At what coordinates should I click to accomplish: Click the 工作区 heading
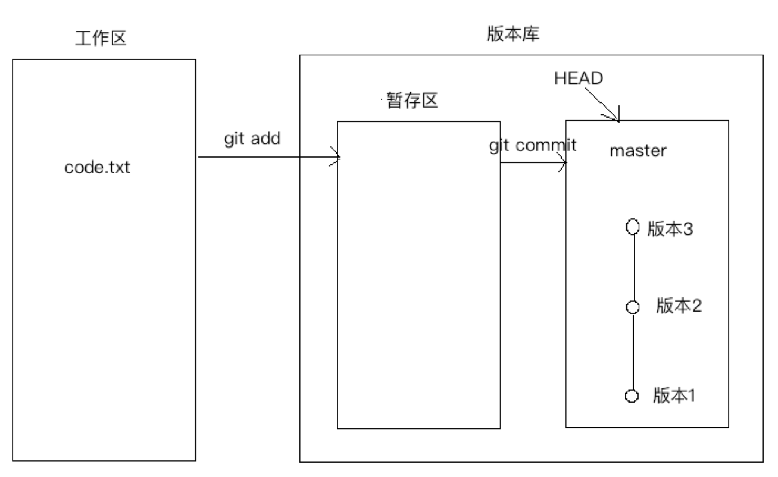tap(101, 39)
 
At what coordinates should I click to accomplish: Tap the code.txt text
tap(97, 168)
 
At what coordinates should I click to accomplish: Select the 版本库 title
tap(513, 34)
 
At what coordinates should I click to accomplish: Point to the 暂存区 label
tap(412, 100)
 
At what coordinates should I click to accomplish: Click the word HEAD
tap(578, 78)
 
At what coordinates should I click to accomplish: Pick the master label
tap(638, 151)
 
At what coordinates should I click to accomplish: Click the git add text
tap(252, 139)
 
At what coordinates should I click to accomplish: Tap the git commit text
tap(533, 145)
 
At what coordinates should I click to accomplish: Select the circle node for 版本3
tap(633, 227)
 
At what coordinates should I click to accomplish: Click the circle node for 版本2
tap(633, 307)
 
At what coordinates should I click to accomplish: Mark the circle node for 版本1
tap(632, 396)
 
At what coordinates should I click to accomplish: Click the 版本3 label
tap(670, 229)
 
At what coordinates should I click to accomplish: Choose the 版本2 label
tap(679, 306)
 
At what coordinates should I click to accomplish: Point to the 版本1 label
tap(674, 395)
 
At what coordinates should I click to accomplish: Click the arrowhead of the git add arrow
tap(337, 157)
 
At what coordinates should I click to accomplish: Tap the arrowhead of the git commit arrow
tap(563, 163)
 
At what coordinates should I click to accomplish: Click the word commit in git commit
tap(546, 145)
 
